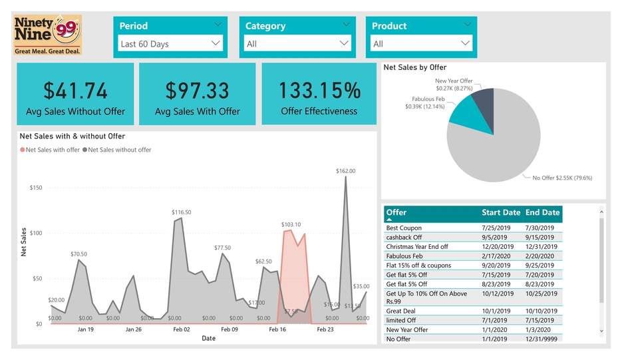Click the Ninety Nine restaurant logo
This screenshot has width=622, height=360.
pyautogui.click(x=47, y=35)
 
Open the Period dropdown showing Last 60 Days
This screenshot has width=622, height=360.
pyautogui.click(x=170, y=44)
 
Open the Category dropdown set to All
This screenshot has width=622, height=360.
pyautogui.click(x=296, y=44)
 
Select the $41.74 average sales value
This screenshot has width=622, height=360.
pyautogui.click(x=75, y=90)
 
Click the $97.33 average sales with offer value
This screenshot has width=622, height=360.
pyautogui.click(x=197, y=90)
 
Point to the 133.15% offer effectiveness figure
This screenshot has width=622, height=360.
pyautogui.click(x=319, y=90)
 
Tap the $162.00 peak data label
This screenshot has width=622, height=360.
pyautogui.click(x=345, y=171)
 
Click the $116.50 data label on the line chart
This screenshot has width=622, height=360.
pyautogui.click(x=181, y=212)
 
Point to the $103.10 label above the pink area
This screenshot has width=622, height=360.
pyautogui.click(x=291, y=225)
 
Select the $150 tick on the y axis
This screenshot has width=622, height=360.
pyautogui.click(x=36, y=188)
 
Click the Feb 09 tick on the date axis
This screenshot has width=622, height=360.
pyautogui.click(x=230, y=329)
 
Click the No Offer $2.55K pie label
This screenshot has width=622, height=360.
pyautogui.click(x=562, y=178)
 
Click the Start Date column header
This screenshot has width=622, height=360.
pyautogui.click(x=501, y=213)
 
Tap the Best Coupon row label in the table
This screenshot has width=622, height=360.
pyautogui.click(x=404, y=228)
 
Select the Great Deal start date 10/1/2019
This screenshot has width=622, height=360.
pyautogui.click(x=496, y=311)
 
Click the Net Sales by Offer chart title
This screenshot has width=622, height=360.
pyautogui.click(x=414, y=67)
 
